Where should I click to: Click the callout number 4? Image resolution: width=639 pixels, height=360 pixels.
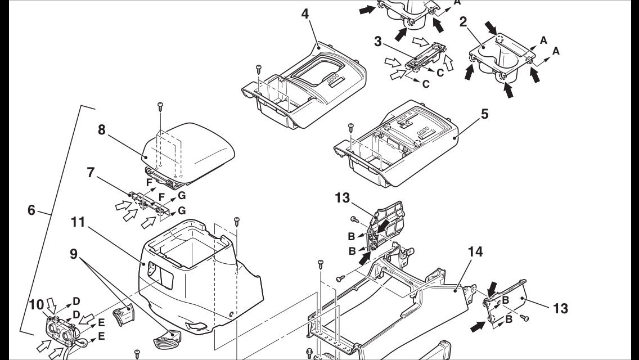(x=305, y=13)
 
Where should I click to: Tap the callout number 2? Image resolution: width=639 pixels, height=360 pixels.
(x=462, y=22)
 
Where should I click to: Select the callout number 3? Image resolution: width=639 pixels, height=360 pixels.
(x=379, y=42)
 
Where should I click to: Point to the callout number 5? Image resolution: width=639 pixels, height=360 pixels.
(x=484, y=113)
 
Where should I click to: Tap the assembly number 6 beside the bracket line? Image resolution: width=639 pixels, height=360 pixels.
(x=32, y=210)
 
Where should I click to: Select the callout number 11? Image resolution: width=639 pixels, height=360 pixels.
(x=78, y=223)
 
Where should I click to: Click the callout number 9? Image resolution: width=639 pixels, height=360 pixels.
(x=74, y=254)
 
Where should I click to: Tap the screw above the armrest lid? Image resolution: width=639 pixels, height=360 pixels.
(x=160, y=105)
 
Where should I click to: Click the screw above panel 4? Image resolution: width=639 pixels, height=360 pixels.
(x=258, y=68)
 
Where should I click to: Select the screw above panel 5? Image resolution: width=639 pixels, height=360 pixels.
(x=350, y=124)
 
